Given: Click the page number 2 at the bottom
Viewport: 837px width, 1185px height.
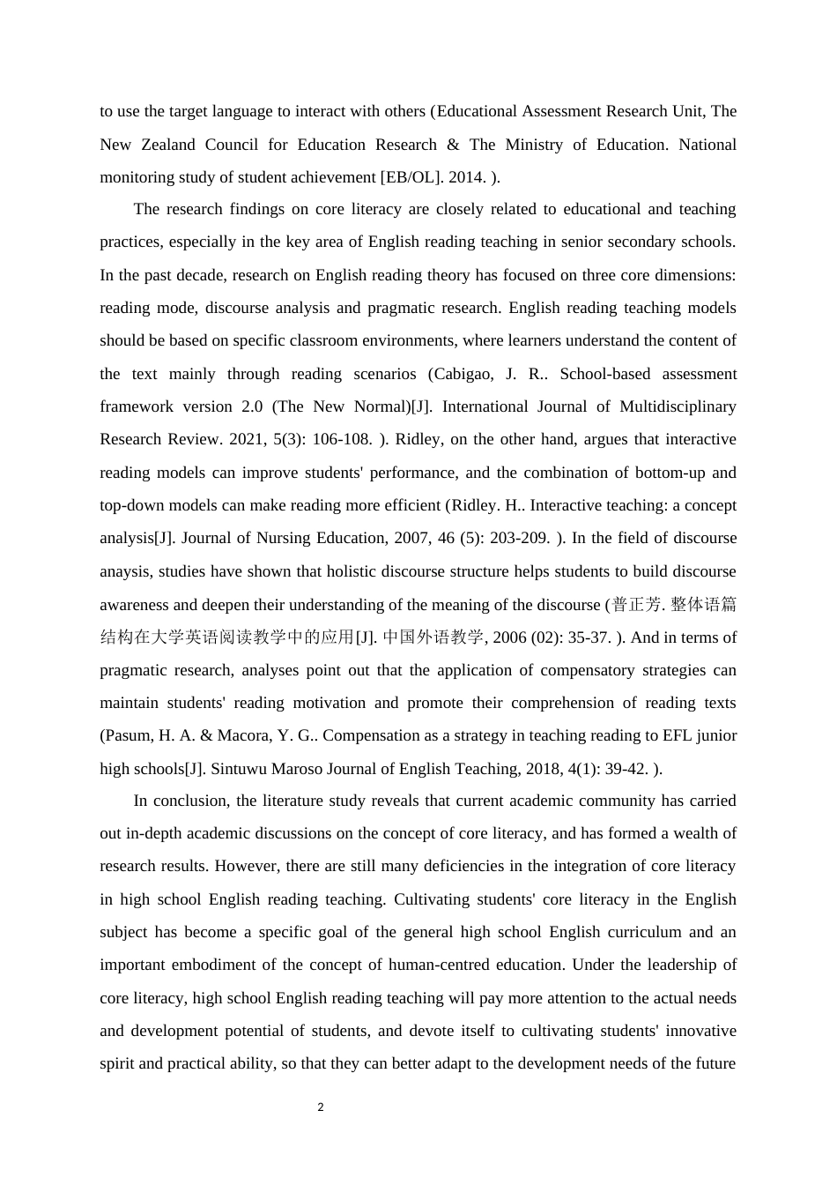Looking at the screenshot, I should pos(321,1107).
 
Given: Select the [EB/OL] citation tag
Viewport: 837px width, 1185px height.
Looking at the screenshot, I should pos(412,177).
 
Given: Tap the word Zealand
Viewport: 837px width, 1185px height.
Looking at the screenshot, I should pos(166,145).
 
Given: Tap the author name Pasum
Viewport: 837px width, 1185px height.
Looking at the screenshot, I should pos(128,735).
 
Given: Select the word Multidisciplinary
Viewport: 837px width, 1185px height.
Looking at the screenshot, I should pos(678,406).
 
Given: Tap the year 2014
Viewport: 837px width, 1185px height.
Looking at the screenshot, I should pos(467,177).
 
